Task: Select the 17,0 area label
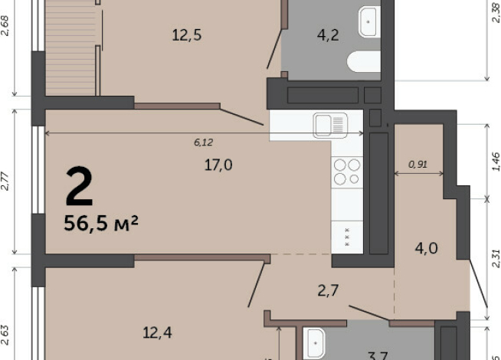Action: click(x=218, y=164)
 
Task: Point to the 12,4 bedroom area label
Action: click(x=158, y=332)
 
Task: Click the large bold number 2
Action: click(x=79, y=187)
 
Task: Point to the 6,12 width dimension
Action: click(x=203, y=142)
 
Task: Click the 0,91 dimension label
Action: click(x=418, y=163)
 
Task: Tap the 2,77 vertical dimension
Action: click(x=5, y=182)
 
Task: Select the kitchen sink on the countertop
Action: click(x=329, y=125)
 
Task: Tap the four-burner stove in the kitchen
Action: click(x=347, y=171)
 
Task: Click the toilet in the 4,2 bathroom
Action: click(x=363, y=60)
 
